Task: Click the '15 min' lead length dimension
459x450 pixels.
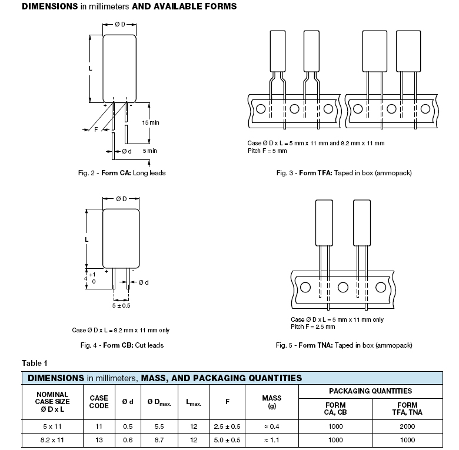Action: tap(151, 122)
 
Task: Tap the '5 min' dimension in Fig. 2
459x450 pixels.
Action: tap(150, 151)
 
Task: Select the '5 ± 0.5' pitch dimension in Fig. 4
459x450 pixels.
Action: tap(121, 306)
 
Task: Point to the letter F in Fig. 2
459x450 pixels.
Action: tap(96, 129)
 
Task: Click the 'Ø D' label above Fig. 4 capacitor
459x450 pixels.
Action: tap(121, 199)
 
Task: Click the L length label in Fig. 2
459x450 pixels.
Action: tap(91, 68)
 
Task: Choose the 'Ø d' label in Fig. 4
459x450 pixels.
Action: tap(144, 282)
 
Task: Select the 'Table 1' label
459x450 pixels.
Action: tap(35, 363)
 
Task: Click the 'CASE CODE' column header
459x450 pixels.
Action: tap(99, 402)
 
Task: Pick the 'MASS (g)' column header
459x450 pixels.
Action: tap(272, 402)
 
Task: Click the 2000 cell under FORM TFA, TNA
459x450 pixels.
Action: tap(407, 426)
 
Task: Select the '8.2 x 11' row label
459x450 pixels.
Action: tap(52, 440)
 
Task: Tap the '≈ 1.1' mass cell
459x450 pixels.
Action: tap(272, 440)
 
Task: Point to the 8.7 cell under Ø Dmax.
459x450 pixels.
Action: tap(159, 440)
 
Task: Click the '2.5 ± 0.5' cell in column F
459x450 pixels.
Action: tap(227, 426)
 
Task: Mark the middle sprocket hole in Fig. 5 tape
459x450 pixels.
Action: tap(343, 287)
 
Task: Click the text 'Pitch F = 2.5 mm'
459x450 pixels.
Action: tap(313, 327)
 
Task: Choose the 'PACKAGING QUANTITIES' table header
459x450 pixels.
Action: tap(370, 391)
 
